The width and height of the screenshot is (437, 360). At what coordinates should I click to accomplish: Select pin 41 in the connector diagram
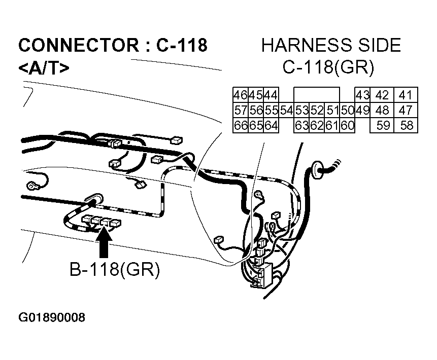(x=406, y=95)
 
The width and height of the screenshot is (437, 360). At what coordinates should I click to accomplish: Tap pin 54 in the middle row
(x=287, y=110)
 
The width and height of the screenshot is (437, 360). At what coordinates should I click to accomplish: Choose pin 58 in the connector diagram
(x=406, y=125)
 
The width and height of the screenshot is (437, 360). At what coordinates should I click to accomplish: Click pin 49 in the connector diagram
(x=362, y=110)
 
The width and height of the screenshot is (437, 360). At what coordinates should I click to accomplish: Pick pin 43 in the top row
(x=362, y=95)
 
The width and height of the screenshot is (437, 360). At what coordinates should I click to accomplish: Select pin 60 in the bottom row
(x=347, y=125)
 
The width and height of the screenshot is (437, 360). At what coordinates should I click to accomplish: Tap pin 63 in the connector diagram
(x=302, y=125)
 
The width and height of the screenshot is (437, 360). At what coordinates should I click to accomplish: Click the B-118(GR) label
(x=115, y=271)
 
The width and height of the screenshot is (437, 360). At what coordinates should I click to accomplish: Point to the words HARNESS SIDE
(x=331, y=46)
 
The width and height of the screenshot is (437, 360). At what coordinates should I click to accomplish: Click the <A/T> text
(x=44, y=67)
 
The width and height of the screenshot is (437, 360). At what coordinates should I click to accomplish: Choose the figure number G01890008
(x=52, y=318)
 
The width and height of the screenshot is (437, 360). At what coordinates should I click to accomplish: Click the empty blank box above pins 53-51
(x=317, y=95)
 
